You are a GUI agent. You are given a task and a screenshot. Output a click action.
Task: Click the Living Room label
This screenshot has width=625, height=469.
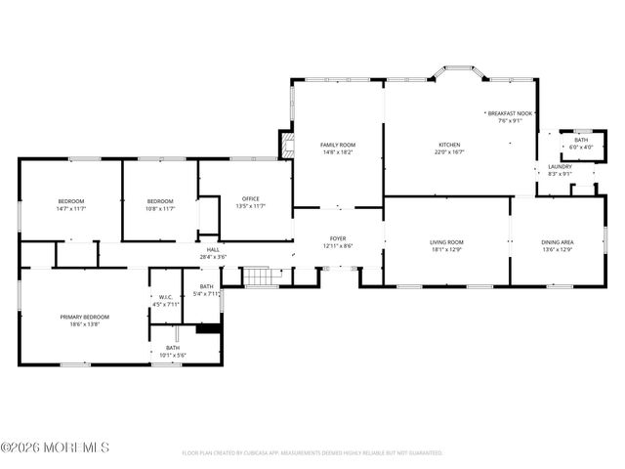pyautogui.click(x=446, y=244)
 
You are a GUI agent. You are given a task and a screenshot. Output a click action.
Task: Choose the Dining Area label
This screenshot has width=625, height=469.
pyautogui.click(x=557, y=244)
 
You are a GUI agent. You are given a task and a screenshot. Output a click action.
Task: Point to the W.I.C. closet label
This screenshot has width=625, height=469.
pyautogui.click(x=166, y=301)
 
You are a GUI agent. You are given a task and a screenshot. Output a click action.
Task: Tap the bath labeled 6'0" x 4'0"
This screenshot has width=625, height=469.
pyautogui.click(x=581, y=144)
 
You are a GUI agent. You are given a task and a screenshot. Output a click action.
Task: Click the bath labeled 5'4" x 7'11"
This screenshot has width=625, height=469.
pyautogui.click(x=206, y=290)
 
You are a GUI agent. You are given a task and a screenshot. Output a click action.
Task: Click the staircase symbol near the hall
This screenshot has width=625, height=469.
pyautogui.click(x=257, y=277)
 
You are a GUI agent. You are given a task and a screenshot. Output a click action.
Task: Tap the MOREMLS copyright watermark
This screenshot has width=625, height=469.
pyautogui.click(x=55, y=448)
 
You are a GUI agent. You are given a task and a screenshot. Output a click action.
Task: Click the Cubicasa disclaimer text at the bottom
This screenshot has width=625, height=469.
pyautogui.click(x=312, y=453)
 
